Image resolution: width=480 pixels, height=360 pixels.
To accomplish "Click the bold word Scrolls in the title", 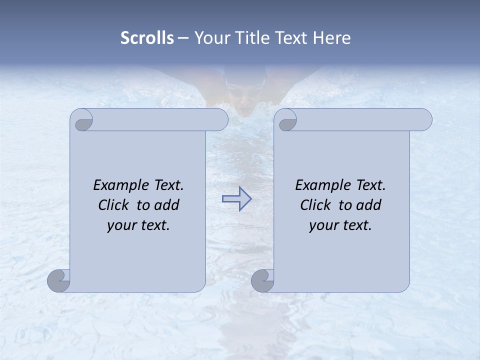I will click(x=147, y=38).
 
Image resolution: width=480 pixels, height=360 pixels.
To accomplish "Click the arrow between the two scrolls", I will click(x=236, y=199).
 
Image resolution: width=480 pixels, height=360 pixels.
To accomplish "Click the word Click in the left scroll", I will click(x=114, y=205).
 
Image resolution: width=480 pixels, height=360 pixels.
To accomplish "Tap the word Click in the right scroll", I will click(x=315, y=205).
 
